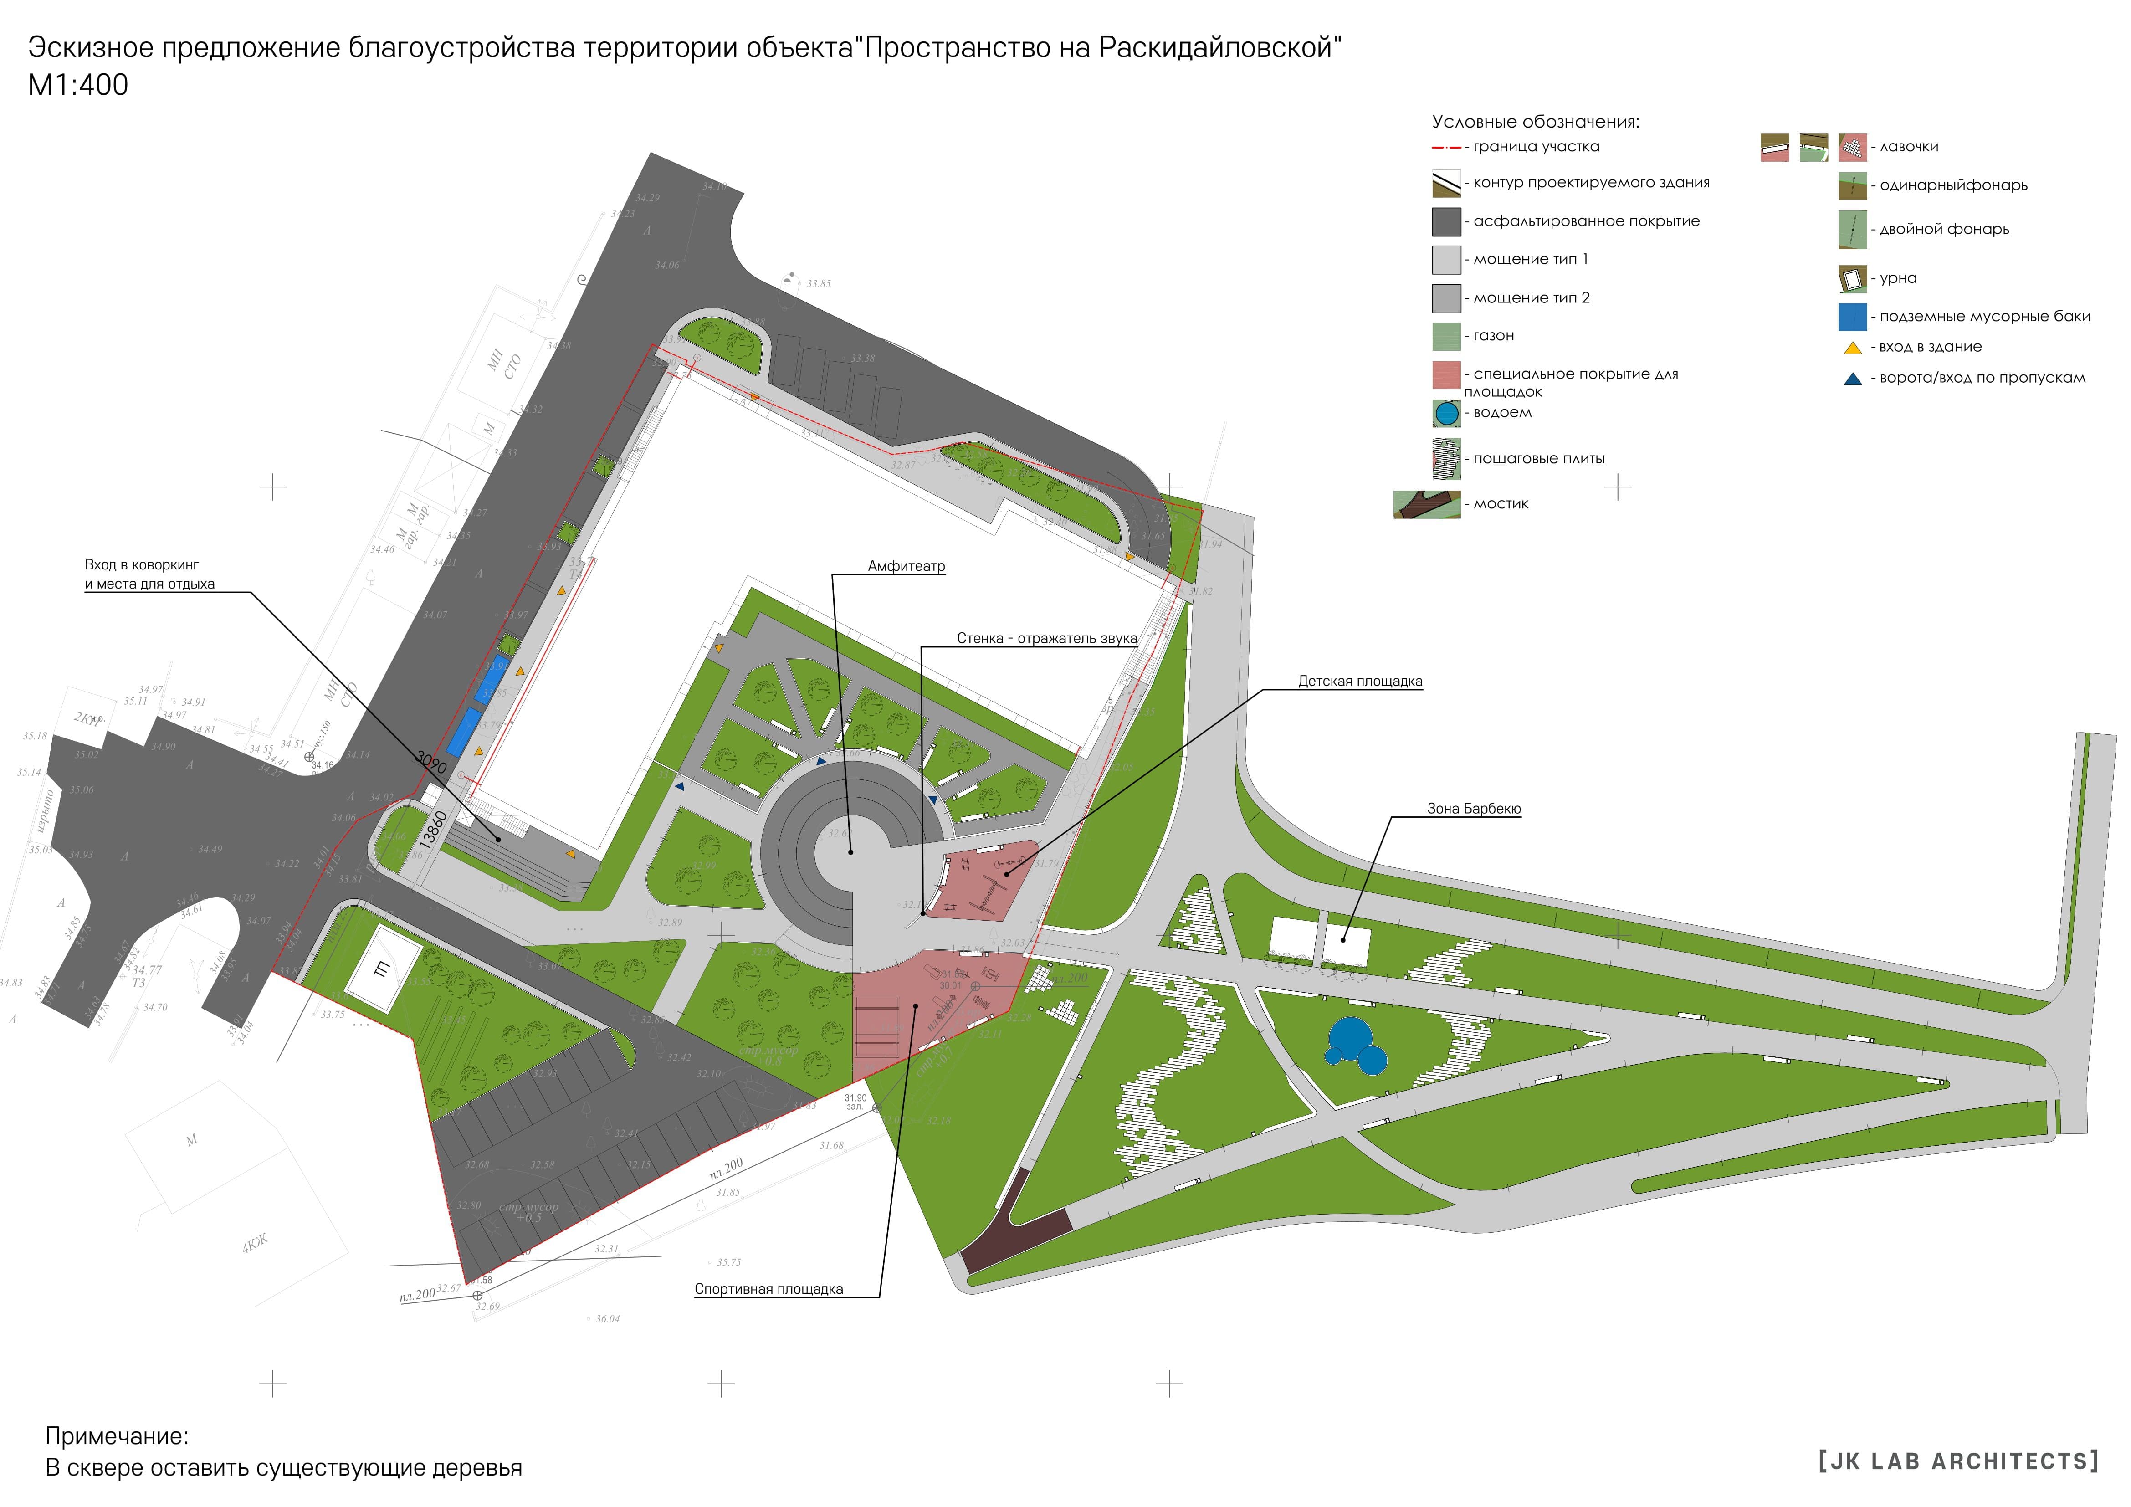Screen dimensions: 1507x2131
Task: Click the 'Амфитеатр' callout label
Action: pos(906,566)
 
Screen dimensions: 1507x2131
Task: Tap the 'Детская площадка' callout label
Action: pos(1360,681)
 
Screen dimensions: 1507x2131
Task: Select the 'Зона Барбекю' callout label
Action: pos(1474,809)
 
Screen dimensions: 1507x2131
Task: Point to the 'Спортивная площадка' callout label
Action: pos(768,1289)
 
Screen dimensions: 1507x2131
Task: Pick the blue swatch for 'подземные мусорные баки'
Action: pos(1853,317)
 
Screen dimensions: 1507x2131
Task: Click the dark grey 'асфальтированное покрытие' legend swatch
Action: pos(1446,222)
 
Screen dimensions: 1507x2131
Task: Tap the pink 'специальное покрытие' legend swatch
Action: pos(1446,375)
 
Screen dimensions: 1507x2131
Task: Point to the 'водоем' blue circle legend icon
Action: pos(1446,413)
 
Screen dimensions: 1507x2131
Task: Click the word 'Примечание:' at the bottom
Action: pos(117,1436)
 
